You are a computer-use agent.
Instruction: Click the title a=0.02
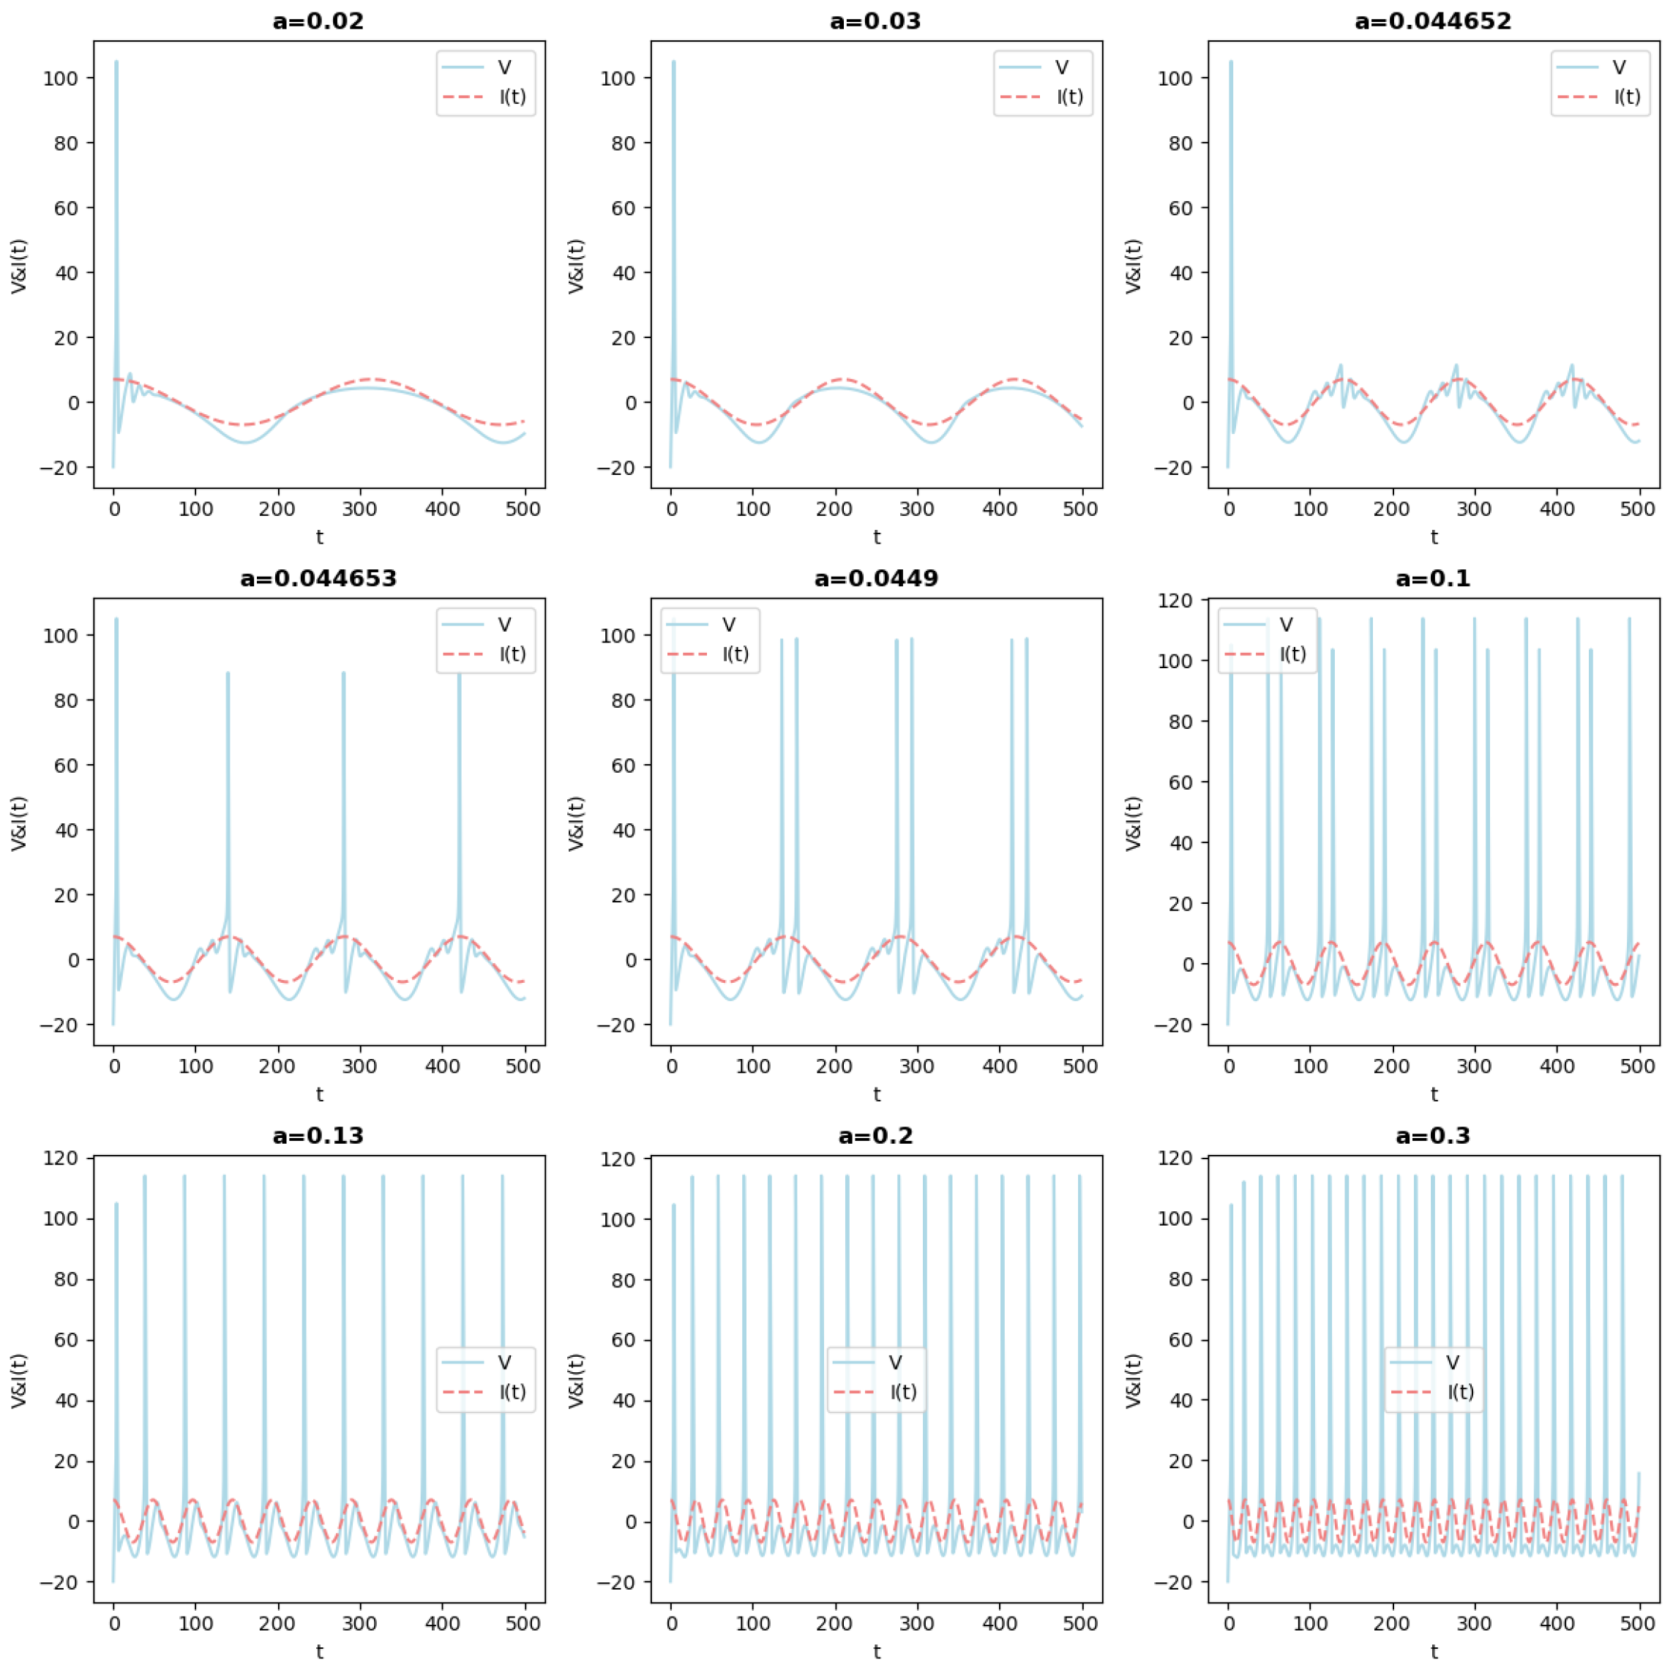coord(318,20)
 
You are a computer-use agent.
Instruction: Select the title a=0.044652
coord(1432,20)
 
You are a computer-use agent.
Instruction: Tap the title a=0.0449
coord(875,578)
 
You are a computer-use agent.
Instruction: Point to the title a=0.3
coord(1432,1135)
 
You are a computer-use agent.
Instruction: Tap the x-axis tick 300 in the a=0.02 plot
coord(359,509)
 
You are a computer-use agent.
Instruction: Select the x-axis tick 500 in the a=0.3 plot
coord(1636,1624)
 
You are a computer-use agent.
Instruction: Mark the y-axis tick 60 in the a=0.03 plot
coord(623,208)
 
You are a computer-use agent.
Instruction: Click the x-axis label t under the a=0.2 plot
coord(876,1651)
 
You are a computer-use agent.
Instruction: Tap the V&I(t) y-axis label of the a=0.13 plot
coord(19,1380)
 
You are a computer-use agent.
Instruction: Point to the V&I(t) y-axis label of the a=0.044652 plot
coord(1134,266)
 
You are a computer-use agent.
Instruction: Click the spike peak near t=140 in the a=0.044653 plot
coord(228,673)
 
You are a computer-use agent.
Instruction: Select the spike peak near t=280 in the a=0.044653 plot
coord(343,673)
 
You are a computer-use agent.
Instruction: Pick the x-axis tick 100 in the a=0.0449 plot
coord(752,1067)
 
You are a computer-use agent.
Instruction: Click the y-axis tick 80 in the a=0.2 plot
coord(623,1280)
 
